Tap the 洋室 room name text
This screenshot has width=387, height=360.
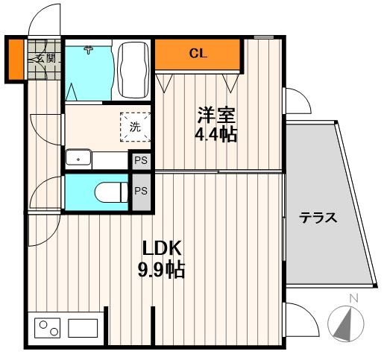[x=216, y=116]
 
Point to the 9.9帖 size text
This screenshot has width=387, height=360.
[x=161, y=269]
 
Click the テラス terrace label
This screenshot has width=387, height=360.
[x=318, y=218]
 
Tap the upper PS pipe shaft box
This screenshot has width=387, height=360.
[x=140, y=160]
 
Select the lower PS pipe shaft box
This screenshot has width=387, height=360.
[x=140, y=191]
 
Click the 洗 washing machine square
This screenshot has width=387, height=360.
[x=135, y=126]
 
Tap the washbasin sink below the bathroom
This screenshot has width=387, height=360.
[x=78, y=158]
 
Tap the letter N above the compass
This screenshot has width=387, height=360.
[x=354, y=299]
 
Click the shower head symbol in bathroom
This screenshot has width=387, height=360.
[x=88, y=50]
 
